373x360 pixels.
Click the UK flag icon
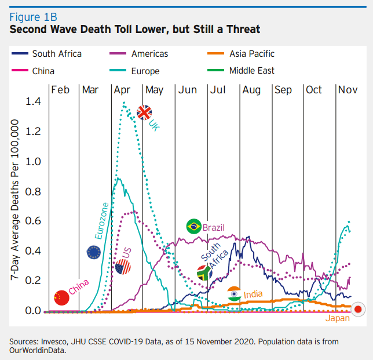click(x=144, y=112)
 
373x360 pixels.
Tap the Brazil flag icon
click(x=193, y=227)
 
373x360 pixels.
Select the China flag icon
click(x=61, y=297)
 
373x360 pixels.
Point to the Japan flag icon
click(x=358, y=309)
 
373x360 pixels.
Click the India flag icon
click(x=234, y=293)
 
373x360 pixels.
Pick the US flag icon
click(x=123, y=267)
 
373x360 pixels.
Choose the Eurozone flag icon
click(x=94, y=252)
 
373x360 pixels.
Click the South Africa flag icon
click(x=204, y=272)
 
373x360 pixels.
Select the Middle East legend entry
click(x=251, y=71)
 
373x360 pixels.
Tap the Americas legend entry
click(x=149, y=54)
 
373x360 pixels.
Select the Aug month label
click(x=251, y=90)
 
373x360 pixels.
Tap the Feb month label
click(x=60, y=90)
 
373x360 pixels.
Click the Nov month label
click(x=348, y=90)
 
